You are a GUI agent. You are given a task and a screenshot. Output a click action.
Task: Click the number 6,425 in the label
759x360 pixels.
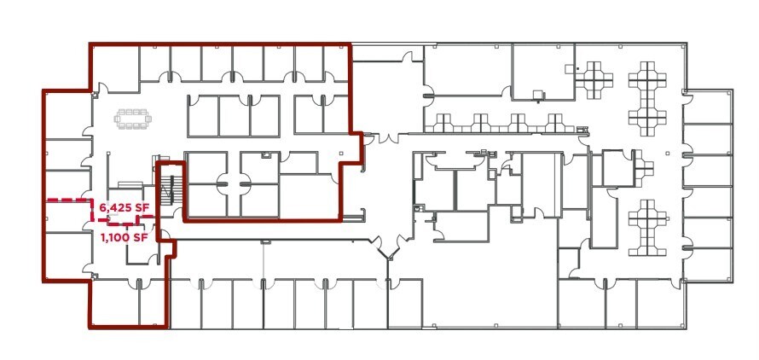click(x=114, y=207)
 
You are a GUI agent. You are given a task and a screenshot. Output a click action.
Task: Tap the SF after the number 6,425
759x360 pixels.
click(x=142, y=207)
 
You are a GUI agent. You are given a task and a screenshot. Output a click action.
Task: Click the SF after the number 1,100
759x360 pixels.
click(x=142, y=237)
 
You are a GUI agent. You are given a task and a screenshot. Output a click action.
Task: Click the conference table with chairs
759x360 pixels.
click(x=132, y=119)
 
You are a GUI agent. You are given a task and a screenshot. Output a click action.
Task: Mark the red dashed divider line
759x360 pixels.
click(x=68, y=200)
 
